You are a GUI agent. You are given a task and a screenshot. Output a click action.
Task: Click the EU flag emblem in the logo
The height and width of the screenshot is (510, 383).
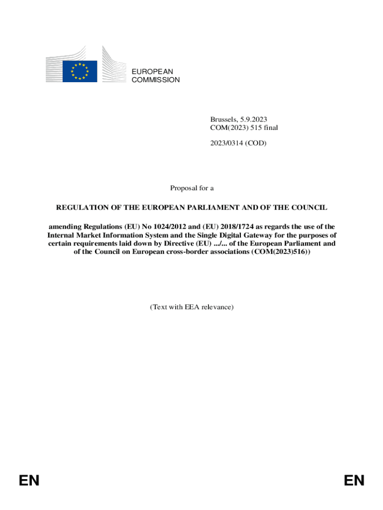pyautogui.click(x=80, y=71)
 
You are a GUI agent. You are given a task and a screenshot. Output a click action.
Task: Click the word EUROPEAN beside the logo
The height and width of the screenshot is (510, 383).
pyautogui.click(x=152, y=72)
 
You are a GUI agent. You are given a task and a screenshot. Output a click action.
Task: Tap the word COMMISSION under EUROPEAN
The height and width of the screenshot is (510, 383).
pyautogui.click(x=156, y=80)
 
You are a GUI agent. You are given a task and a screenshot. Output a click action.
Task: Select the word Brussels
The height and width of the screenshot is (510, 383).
pyautogui.click(x=223, y=120)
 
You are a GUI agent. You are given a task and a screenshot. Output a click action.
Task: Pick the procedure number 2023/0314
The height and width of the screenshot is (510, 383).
pyautogui.click(x=227, y=143)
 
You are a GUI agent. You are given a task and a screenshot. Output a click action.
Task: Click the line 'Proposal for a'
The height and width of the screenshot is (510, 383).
pyautogui.click(x=191, y=188)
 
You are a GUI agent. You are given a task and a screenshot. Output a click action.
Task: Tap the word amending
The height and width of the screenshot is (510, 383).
pyautogui.click(x=65, y=227)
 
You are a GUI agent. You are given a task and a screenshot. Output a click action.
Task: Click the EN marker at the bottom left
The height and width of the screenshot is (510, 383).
pyautogui.click(x=29, y=481)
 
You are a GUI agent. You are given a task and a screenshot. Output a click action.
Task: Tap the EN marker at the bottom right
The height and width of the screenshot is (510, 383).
pyautogui.click(x=354, y=481)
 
